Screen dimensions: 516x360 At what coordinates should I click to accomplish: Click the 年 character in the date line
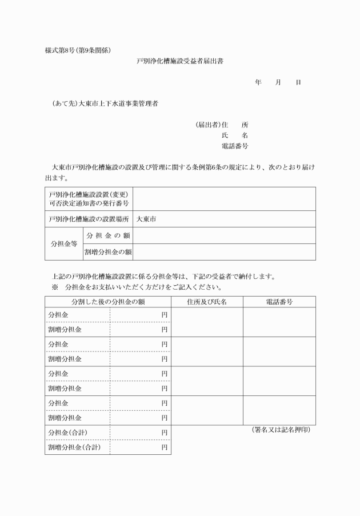(x=258, y=83)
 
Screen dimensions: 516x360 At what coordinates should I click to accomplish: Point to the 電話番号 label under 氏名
(x=234, y=146)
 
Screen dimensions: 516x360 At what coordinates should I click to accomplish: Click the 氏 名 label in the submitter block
(x=234, y=135)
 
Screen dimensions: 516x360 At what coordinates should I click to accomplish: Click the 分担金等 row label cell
(x=64, y=243)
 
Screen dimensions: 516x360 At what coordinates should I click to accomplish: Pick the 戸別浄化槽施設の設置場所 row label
(x=89, y=219)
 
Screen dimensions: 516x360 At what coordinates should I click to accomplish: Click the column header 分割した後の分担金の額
(x=107, y=301)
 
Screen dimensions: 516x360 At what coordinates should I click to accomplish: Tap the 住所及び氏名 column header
(x=207, y=301)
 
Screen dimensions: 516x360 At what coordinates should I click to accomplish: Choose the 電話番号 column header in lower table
(x=279, y=301)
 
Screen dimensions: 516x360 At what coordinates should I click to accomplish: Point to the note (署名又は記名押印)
(x=281, y=429)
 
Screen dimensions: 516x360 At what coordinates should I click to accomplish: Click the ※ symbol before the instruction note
(x=55, y=287)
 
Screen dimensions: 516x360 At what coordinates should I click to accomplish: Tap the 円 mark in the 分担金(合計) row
(x=164, y=432)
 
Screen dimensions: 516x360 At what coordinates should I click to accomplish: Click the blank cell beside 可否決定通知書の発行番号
(x=223, y=198)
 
